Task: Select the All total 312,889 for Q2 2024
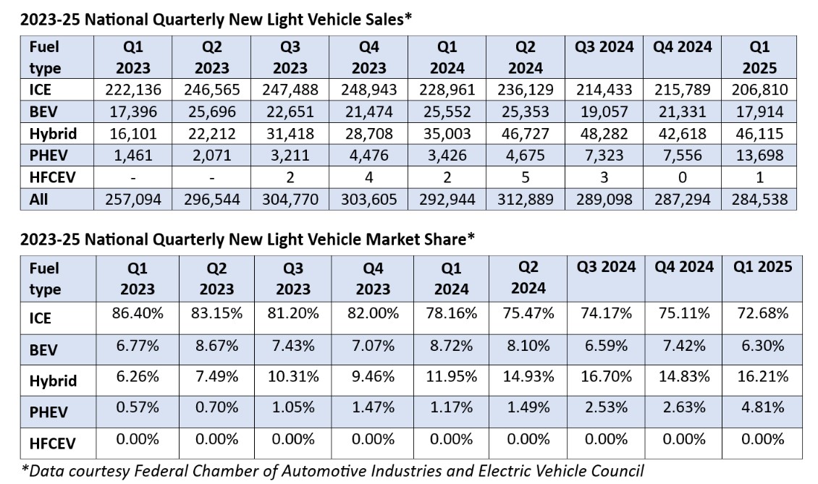pos(525,199)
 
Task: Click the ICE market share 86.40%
pos(137,313)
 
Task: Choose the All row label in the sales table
pos(38,199)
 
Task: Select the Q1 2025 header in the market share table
pos(760,266)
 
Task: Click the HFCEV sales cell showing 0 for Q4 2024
pos(683,177)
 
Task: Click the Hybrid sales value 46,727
pos(525,134)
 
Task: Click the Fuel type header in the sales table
pos(45,57)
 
